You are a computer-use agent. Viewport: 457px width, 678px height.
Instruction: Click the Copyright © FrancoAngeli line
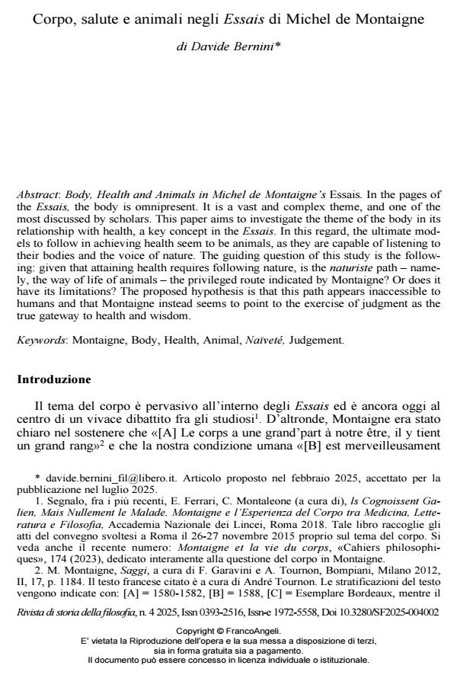pos(228,631)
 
